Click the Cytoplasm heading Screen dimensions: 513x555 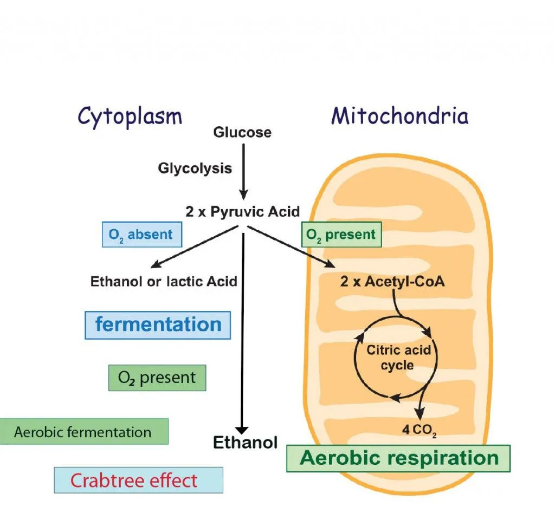[x=130, y=116]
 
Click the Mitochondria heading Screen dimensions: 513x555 [x=400, y=116]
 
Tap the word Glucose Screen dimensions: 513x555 [x=242, y=132]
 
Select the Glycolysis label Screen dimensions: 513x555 [x=195, y=168]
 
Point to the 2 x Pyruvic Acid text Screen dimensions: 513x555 [x=242, y=212]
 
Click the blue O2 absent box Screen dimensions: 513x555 [x=141, y=235]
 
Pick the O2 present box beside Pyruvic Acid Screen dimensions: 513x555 [x=341, y=235]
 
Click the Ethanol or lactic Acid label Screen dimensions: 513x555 [x=164, y=281]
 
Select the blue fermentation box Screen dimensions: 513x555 [x=158, y=325]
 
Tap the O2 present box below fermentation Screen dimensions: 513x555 [x=157, y=378]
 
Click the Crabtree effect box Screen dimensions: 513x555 [x=138, y=480]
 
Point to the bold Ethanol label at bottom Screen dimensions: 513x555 [x=245, y=443]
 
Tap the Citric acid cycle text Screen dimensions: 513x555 [x=398, y=357]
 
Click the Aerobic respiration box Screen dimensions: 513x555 [x=398, y=458]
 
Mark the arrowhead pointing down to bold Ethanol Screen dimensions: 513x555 [x=243, y=428]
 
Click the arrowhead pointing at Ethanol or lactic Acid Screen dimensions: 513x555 [x=155, y=265]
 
